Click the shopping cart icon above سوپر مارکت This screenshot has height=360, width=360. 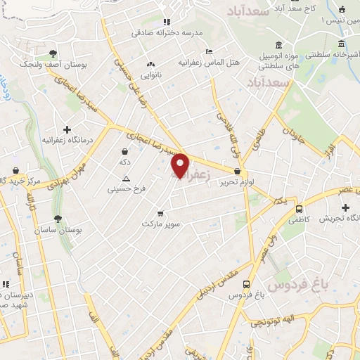pyautogui.click(x=161, y=213)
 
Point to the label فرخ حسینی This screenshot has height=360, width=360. pyautogui.click(x=122, y=188)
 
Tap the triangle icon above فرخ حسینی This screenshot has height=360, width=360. pyautogui.click(x=125, y=179)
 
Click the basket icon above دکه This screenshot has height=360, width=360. pyautogui.click(x=125, y=151)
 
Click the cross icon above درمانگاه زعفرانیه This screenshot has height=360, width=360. pyautogui.click(x=67, y=129)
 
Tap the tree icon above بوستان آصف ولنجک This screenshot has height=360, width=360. pyautogui.click(x=53, y=54)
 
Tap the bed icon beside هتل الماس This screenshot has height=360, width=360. pyautogui.click(x=208, y=52)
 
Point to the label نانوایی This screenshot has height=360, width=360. pyautogui.click(x=151, y=74)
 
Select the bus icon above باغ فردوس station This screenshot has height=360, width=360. pyautogui.click(x=246, y=284)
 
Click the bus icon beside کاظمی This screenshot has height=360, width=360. pyautogui.click(x=300, y=209)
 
